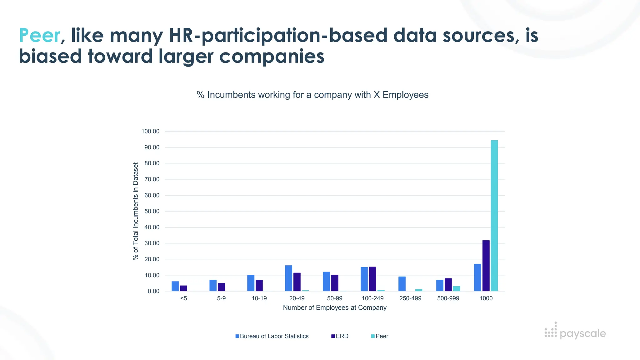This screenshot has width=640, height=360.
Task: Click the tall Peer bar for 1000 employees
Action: coord(494,216)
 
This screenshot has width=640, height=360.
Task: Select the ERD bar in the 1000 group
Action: coord(486,266)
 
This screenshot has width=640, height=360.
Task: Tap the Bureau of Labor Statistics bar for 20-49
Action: coord(288,278)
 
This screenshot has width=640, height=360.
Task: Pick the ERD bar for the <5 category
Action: coord(183,288)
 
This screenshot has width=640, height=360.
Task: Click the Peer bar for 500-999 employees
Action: coord(457,288)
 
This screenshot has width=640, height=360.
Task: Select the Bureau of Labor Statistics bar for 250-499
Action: coord(402,284)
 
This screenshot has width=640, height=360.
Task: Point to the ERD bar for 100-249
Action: coord(372,279)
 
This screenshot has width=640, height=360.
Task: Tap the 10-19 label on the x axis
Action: coord(259,298)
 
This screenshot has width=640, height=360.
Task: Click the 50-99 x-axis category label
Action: coord(335,298)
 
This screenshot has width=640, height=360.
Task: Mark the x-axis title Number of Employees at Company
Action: coord(335,308)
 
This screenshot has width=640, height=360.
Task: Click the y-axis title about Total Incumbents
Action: coord(135,211)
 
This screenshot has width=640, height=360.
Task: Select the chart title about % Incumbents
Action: coord(312,95)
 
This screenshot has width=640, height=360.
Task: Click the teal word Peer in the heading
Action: coord(39,35)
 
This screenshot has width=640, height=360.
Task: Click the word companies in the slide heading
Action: coord(272,57)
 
